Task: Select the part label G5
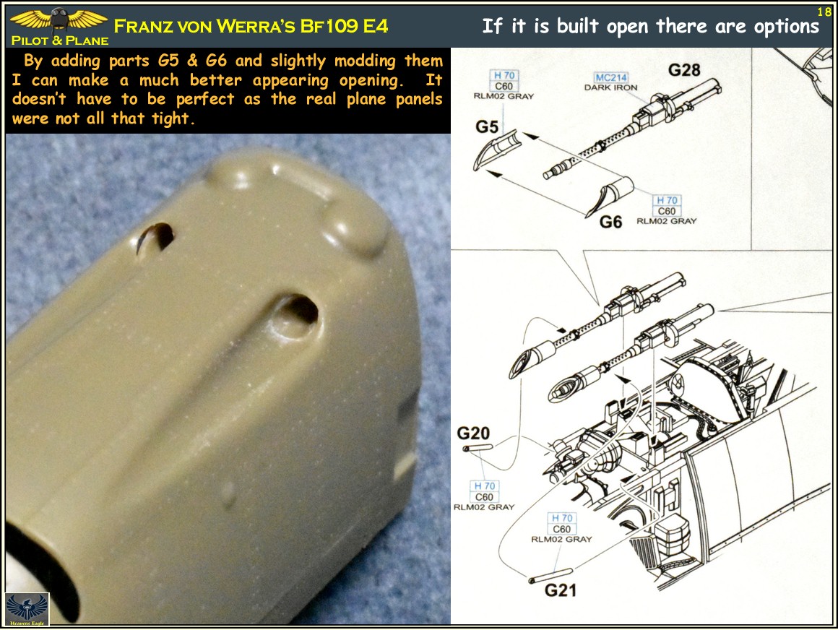[487, 127]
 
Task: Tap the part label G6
[610, 222]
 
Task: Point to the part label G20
[473, 433]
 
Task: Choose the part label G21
[561, 590]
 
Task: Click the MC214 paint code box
[611, 78]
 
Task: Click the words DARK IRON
[611, 88]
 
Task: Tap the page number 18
[824, 12]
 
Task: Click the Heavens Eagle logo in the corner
[27, 608]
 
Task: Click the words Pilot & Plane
[60, 41]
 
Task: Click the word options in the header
[784, 27]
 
